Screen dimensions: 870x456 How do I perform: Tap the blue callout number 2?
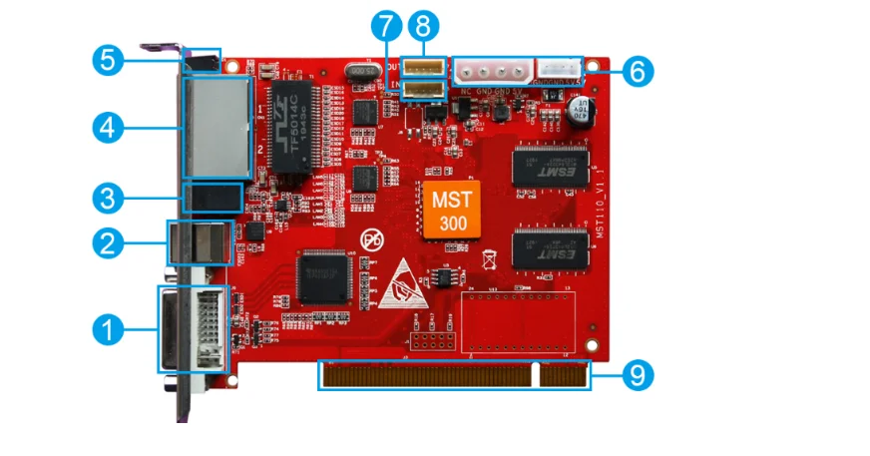pyautogui.click(x=107, y=241)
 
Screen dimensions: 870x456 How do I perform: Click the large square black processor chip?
pyautogui.click(x=324, y=274)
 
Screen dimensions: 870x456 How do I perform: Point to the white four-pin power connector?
pyautogui.click(x=490, y=71)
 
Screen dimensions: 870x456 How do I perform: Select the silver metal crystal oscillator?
pyautogui.click(x=360, y=73)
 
